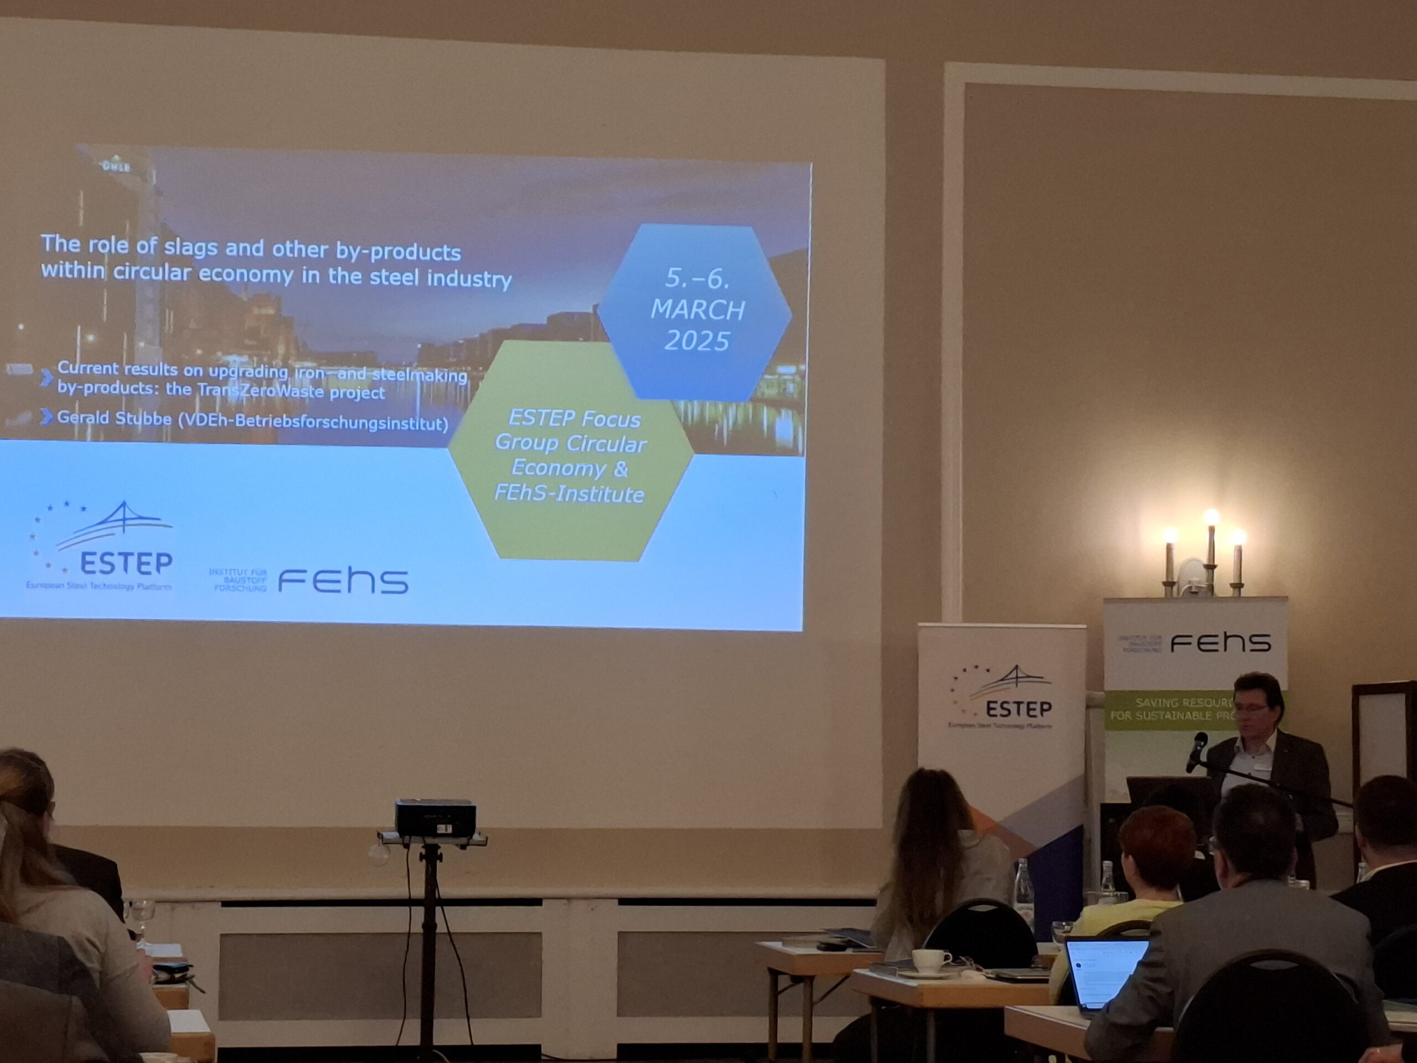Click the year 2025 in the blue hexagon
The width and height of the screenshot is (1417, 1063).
coord(697,340)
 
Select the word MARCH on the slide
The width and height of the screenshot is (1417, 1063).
coord(697,310)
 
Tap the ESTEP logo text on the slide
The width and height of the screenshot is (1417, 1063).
coord(126,563)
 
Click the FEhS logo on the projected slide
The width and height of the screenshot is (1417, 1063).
coord(343,581)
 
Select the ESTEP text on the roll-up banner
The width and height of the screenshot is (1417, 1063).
coord(1018,709)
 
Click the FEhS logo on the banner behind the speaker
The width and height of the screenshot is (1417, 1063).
coord(1221,642)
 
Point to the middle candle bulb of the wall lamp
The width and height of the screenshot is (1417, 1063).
coord(1211,517)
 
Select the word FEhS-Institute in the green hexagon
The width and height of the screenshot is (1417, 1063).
coord(569,494)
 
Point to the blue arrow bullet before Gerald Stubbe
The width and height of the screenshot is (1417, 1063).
coord(45,417)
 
